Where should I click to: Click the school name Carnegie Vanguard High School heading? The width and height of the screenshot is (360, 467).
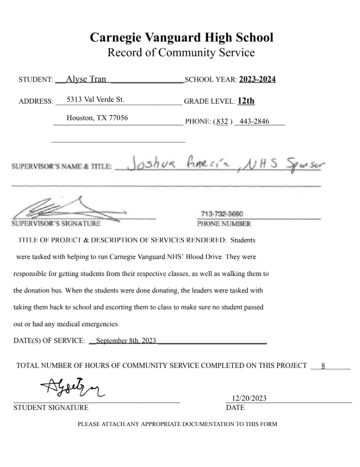181,37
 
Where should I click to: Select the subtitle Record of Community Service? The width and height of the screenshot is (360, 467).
181,52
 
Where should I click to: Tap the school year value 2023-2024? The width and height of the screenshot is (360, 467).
257,79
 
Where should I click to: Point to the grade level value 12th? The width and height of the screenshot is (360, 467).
246,101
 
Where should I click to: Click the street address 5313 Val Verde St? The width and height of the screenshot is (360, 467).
95,99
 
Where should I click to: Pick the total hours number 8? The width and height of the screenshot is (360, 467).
323,366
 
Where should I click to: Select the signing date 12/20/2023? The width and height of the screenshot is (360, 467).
249,398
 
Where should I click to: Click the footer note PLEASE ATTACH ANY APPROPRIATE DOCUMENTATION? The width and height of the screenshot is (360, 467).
177,425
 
